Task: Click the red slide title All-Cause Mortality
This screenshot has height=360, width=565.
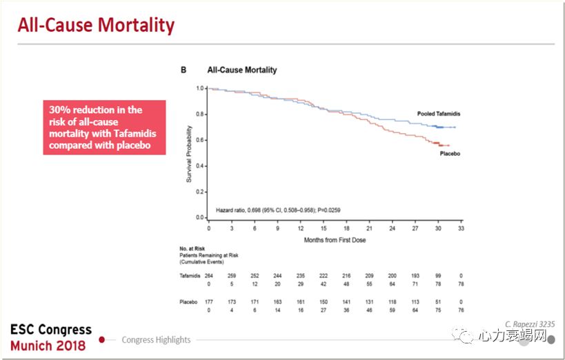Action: pos(96,26)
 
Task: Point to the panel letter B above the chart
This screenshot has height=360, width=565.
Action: pos(184,70)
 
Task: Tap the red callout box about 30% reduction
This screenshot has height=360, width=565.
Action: pos(104,127)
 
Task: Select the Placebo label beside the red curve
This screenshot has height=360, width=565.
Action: pos(450,153)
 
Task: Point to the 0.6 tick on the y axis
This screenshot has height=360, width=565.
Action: pos(200,140)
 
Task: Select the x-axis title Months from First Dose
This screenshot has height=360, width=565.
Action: pos(335,240)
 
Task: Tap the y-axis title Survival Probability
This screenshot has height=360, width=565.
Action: pos(188,152)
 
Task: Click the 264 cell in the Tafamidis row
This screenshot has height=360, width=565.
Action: pos(209,275)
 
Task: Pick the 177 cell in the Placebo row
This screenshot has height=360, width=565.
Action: pos(209,302)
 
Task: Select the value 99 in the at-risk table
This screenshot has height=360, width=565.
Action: pos(437,275)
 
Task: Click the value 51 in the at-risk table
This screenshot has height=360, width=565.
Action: pos(437,302)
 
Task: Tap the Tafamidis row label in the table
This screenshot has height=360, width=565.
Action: pos(190,275)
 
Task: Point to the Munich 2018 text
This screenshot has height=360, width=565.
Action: pos(48,345)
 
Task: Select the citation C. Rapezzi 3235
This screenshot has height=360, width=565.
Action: pos(529,323)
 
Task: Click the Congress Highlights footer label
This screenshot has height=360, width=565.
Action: pos(156,339)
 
